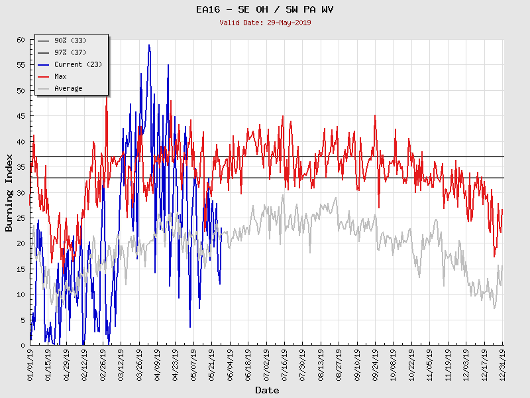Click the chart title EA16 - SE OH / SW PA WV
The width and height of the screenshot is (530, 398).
click(265, 10)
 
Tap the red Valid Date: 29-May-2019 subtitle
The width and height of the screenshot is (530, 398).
click(265, 23)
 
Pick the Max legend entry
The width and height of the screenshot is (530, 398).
click(60, 77)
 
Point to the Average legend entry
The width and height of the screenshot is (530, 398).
click(68, 89)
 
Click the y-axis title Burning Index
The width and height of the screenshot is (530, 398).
click(9, 193)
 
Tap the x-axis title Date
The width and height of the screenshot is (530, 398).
click(267, 390)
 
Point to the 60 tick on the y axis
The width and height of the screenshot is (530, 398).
click(21, 40)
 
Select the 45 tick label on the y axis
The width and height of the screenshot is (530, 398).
click(21, 116)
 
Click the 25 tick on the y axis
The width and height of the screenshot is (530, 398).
click(21, 218)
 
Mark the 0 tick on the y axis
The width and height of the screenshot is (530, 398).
click(23, 346)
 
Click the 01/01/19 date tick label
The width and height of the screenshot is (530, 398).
click(31, 364)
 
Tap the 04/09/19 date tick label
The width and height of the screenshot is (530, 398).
click(158, 364)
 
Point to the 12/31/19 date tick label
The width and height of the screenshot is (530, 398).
click(503, 364)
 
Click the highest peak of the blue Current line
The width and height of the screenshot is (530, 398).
click(149, 45)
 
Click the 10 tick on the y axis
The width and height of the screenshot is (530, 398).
click(21, 295)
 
